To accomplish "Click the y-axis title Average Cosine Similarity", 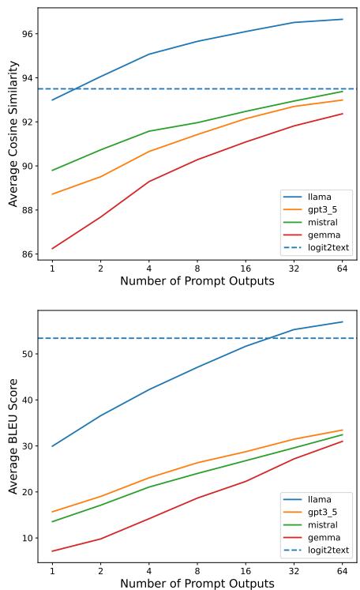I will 13,133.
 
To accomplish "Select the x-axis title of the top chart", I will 197,281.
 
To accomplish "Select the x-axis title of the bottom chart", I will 197,583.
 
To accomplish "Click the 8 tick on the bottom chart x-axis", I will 197,569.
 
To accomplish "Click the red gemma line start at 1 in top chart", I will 52,249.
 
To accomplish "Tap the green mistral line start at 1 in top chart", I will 52,171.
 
